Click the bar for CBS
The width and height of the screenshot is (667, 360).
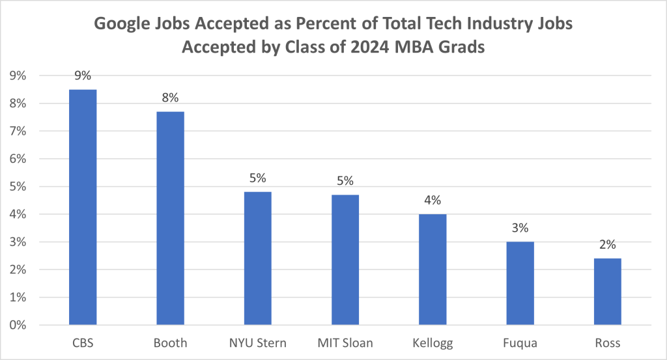click(83, 207)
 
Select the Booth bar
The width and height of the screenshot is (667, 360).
click(170, 218)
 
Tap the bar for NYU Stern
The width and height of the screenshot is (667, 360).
click(257, 258)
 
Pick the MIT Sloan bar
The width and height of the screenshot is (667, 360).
click(345, 260)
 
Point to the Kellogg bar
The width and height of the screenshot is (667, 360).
click(433, 270)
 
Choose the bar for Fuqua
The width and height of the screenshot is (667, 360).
click(520, 283)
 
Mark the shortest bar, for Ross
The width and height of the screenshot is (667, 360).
click(607, 292)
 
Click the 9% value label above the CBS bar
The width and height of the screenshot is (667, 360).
click(83, 76)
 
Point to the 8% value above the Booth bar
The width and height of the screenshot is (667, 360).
click(170, 98)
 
